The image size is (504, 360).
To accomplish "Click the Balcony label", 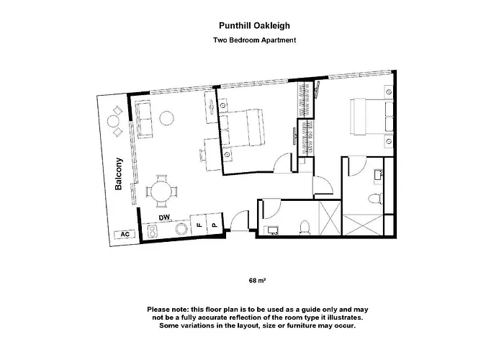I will [x=119, y=174].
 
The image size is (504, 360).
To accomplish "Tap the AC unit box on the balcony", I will [x=125, y=234].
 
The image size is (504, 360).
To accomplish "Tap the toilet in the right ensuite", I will [x=373, y=198].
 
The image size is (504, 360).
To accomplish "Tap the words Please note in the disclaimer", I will [x=168, y=308].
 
